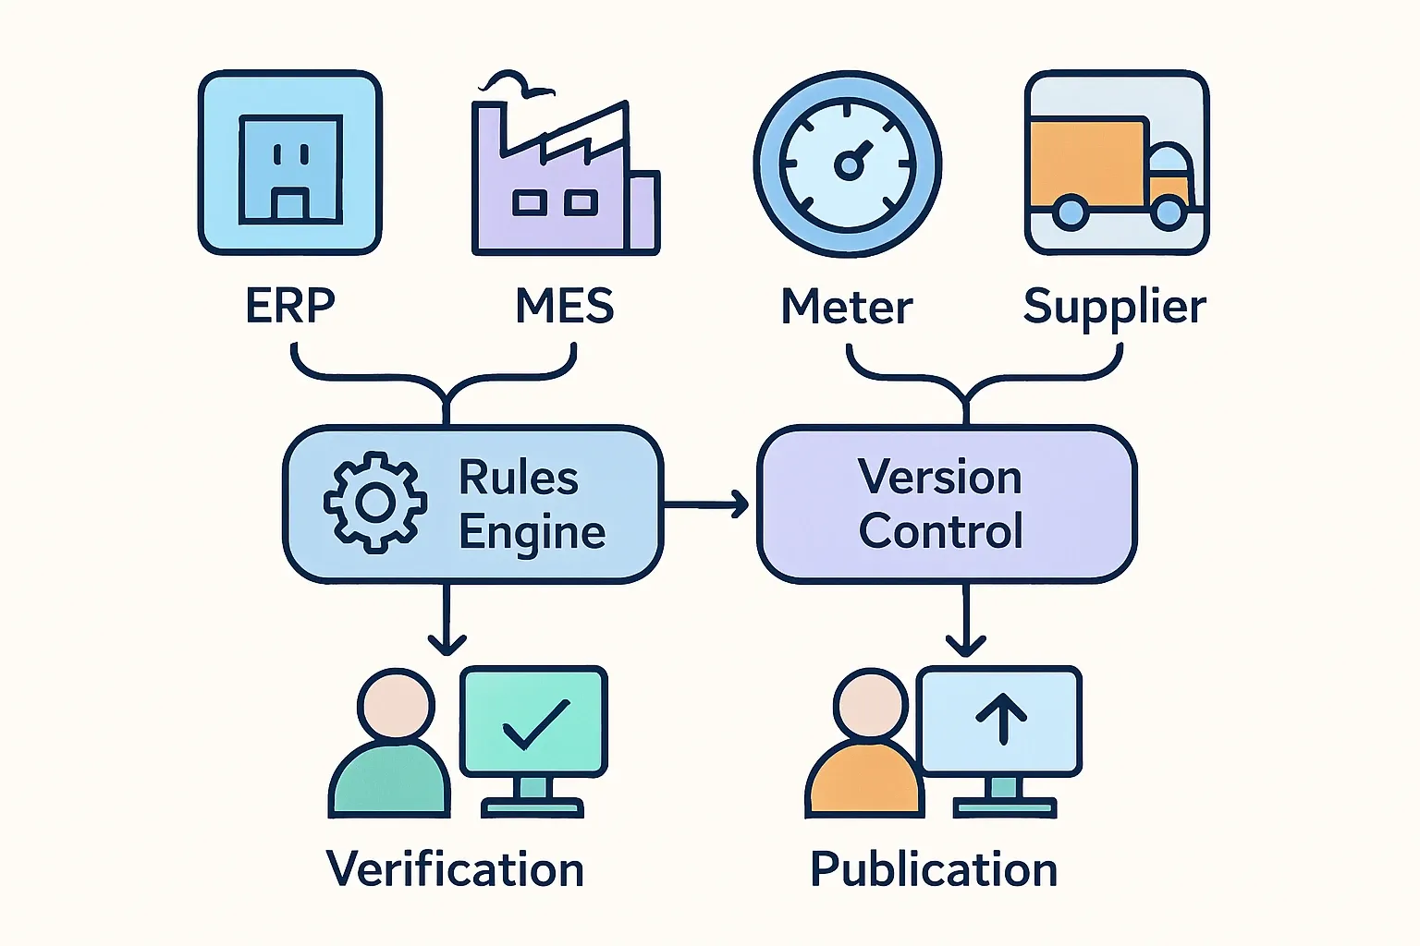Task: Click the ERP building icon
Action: click(290, 163)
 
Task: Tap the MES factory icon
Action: click(564, 176)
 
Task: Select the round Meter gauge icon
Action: click(848, 164)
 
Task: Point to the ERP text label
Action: click(290, 306)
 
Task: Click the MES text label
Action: click(564, 306)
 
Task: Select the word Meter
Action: click(847, 307)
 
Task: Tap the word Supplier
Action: click(1115, 307)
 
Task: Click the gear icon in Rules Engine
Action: click(375, 503)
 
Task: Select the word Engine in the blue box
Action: click(532, 533)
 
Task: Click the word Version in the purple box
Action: click(940, 478)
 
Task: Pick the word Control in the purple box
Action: click(941, 531)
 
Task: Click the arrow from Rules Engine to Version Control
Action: click(707, 504)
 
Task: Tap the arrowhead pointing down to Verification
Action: click(447, 643)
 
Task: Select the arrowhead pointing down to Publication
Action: click(966, 644)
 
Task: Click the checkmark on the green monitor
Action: click(536, 723)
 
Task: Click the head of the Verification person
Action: click(397, 705)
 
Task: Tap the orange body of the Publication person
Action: click(864, 781)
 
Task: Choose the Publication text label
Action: click(934, 870)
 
